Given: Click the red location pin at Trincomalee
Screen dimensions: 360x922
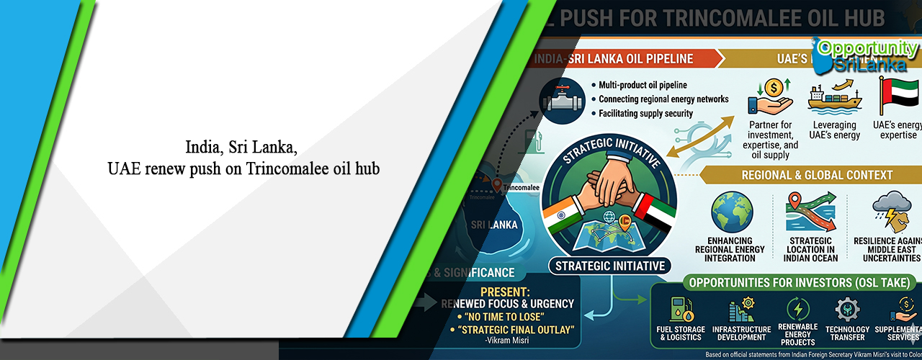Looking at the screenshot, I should [497, 185].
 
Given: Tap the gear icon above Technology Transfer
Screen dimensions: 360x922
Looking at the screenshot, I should [847, 310].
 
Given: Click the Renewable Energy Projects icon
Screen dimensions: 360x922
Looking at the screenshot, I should [797, 310].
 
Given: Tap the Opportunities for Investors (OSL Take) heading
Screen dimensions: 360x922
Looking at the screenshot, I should [785, 282].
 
